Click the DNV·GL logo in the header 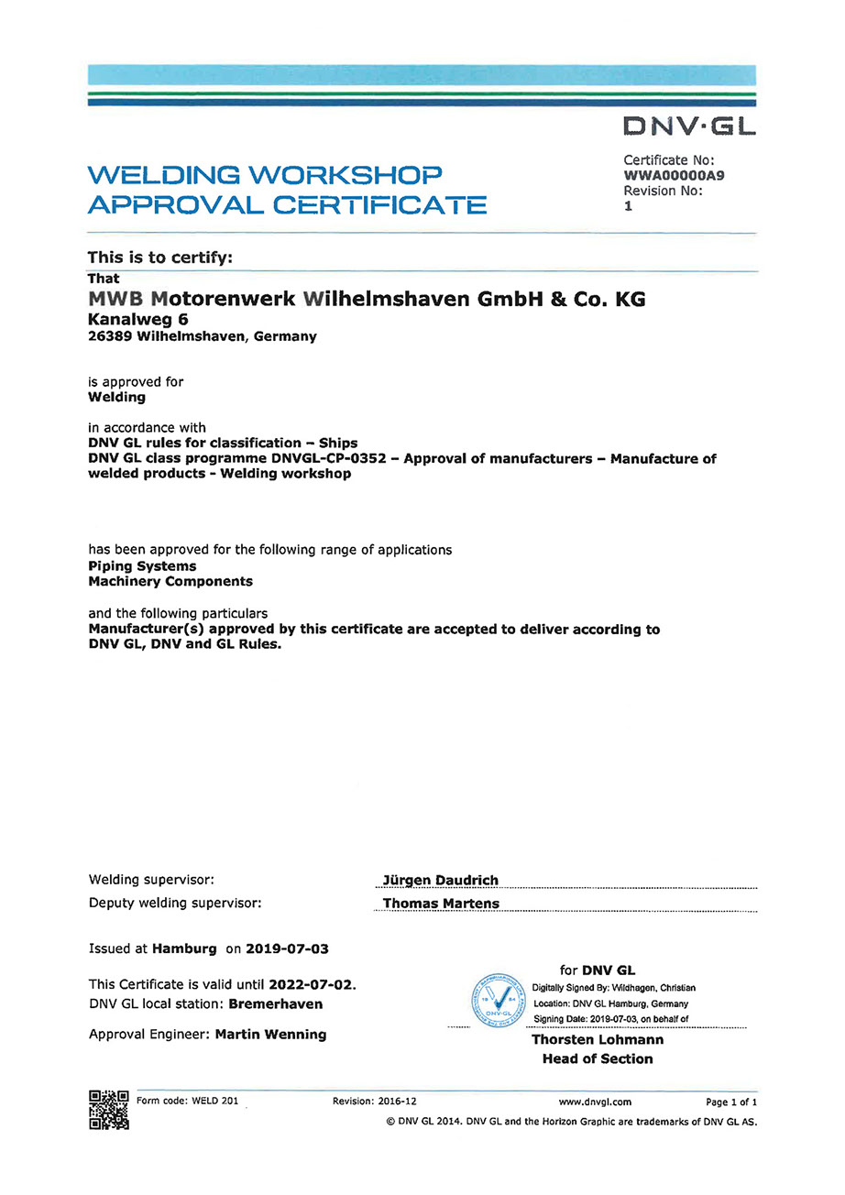click(x=689, y=126)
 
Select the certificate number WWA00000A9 click(x=674, y=175)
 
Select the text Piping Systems click(x=142, y=566)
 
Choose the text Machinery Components click(x=170, y=581)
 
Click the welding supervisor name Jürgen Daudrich click(x=441, y=880)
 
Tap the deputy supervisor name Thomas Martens click(x=441, y=903)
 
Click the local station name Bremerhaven click(x=275, y=1003)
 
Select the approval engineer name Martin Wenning click(x=270, y=1034)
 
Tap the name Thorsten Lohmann click(x=598, y=1039)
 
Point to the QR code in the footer click(x=108, y=1110)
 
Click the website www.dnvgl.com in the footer click(x=595, y=1102)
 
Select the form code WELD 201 click(x=214, y=1101)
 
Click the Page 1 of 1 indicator click(x=731, y=1102)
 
